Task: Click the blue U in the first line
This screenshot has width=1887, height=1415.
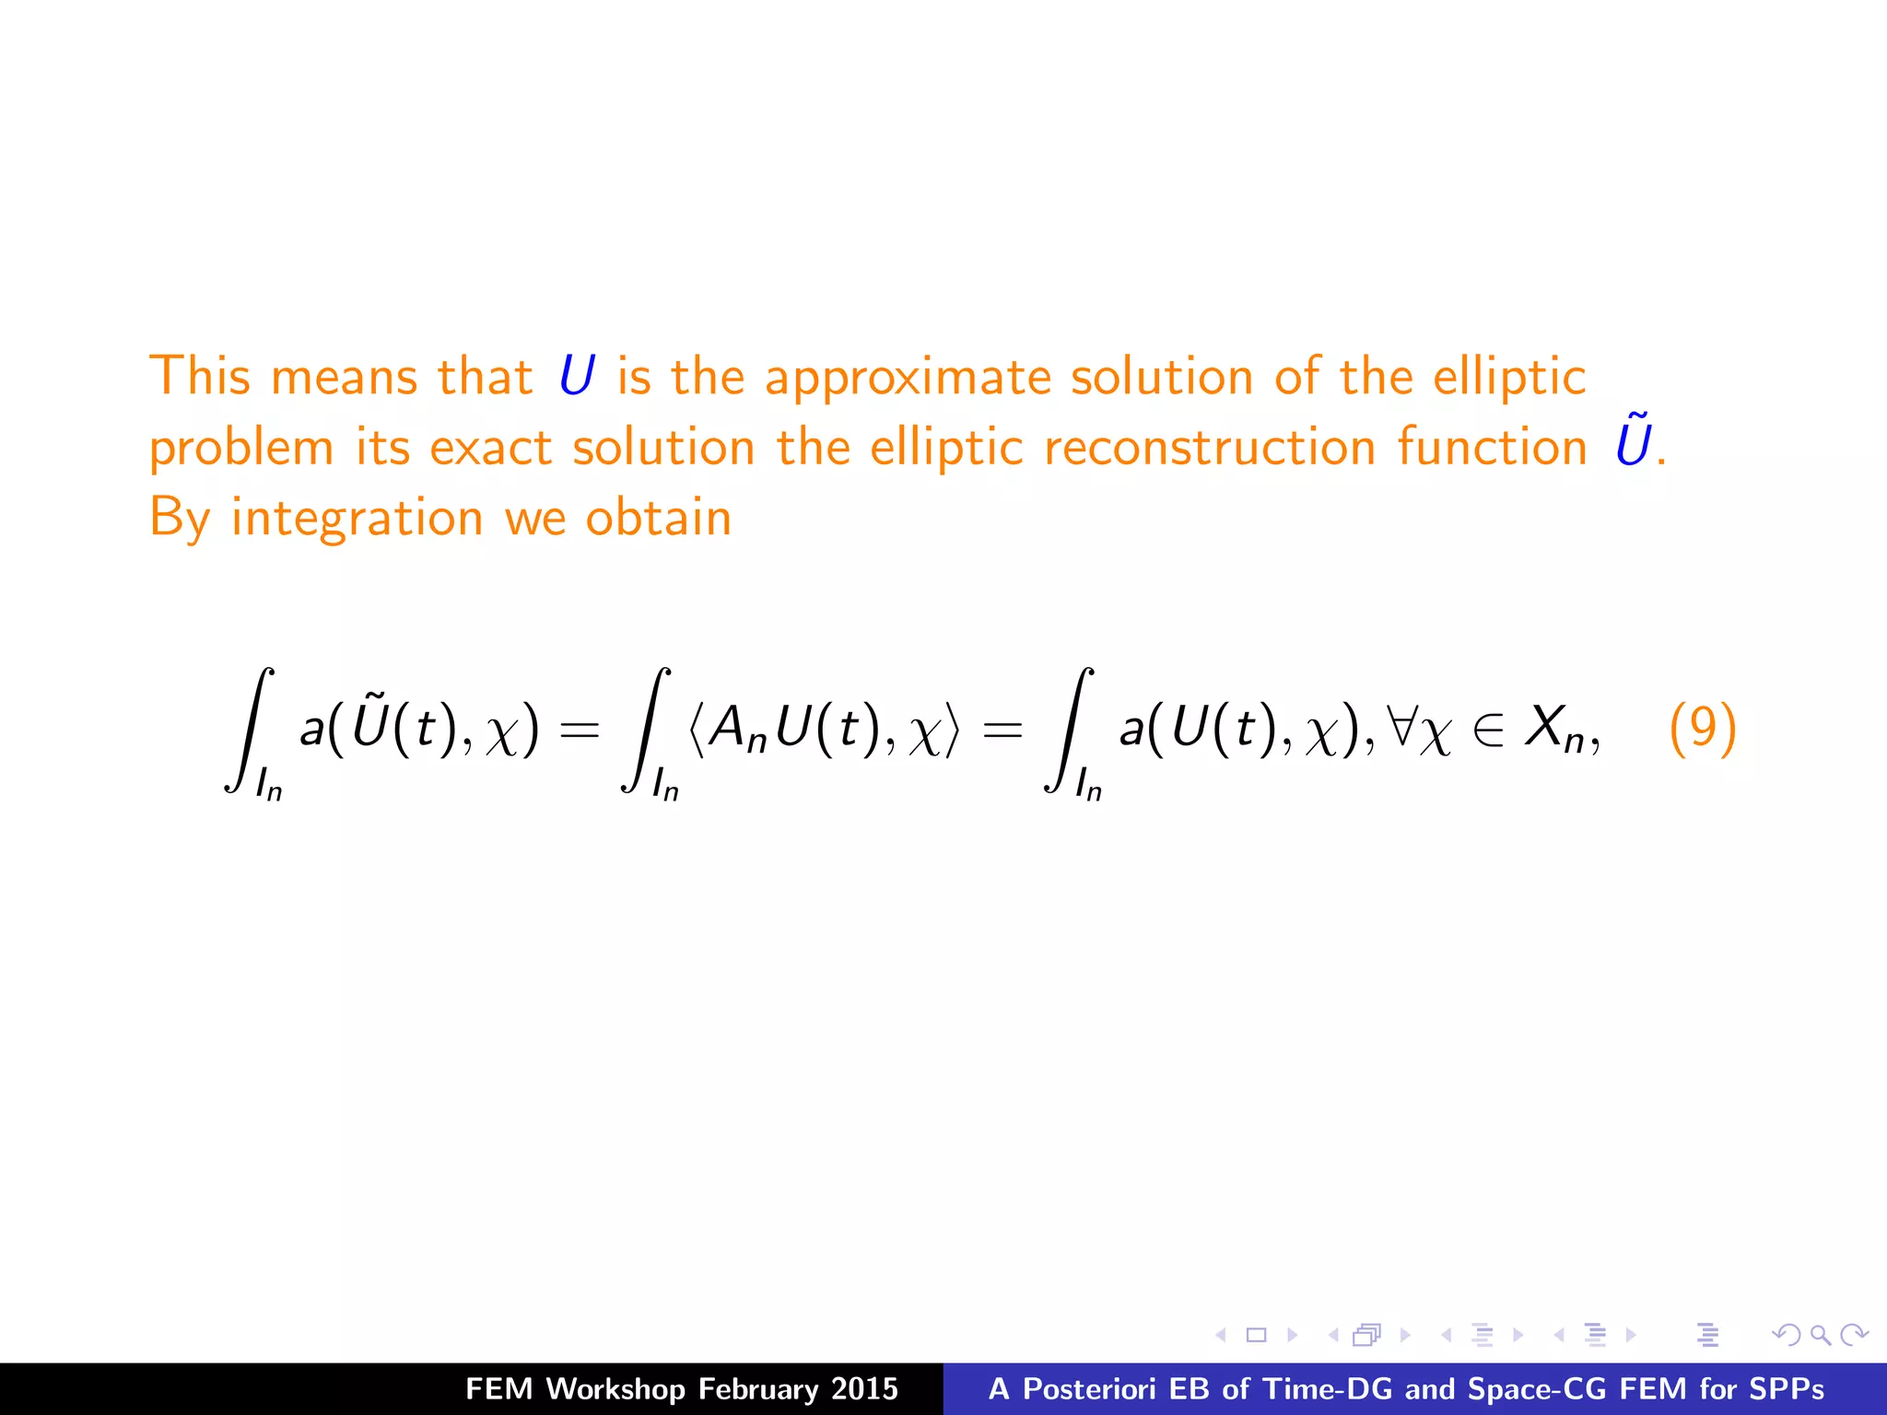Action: click(x=577, y=377)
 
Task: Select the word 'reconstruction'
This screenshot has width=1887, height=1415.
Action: click(x=1210, y=448)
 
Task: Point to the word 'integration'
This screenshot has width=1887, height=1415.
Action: click(x=357, y=519)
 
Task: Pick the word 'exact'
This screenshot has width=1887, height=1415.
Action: click(x=490, y=448)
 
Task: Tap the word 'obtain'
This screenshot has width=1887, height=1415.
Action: click(x=658, y=517)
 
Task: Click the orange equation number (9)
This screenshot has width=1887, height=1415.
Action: click(x=1702, y=728)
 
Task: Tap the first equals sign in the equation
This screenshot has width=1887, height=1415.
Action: click(x=580, y=731)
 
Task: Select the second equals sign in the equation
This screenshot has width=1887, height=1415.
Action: click(x=1002, y=731)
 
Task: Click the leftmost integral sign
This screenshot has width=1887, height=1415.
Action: click(x=248, y=730)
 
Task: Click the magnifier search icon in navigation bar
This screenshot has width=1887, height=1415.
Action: click(x=1820, y=1335)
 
